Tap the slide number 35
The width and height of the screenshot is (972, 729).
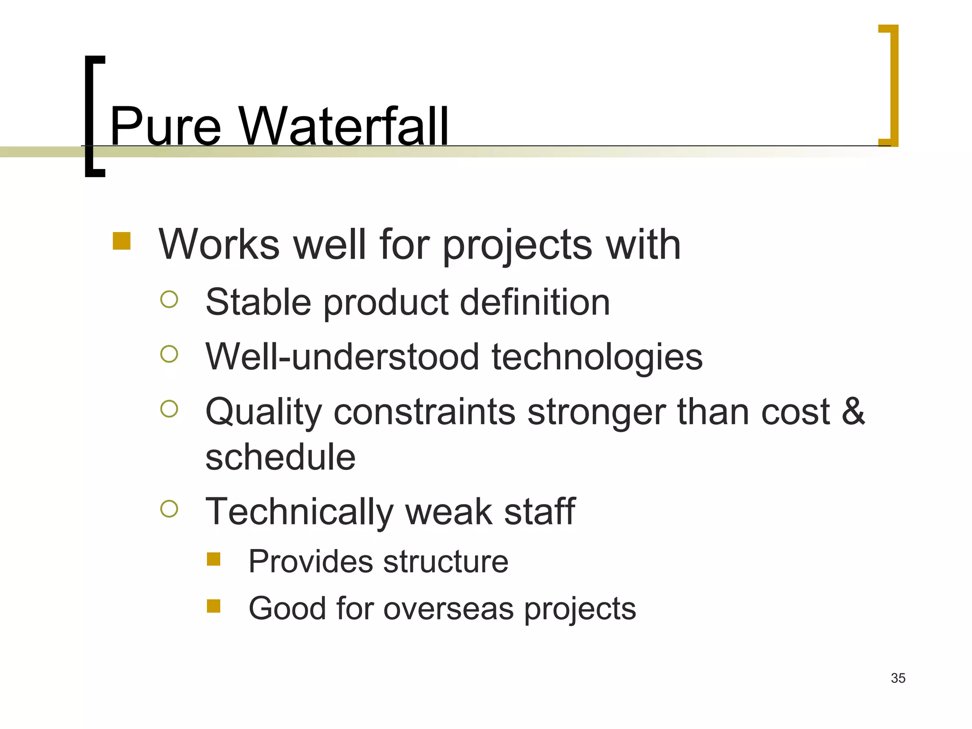pos(898,678)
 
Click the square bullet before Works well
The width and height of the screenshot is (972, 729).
pos(121,241)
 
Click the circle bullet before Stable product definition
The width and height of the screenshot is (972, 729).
pos(169,299)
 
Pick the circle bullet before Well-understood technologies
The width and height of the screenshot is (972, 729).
pos(169,354)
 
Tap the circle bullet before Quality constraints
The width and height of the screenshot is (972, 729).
pos(169,409)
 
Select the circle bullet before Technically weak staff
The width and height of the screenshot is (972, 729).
pos(169,509)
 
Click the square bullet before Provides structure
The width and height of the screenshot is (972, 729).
pos(214,559)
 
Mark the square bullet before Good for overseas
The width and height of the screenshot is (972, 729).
pos(214,606)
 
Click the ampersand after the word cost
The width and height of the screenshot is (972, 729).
pos(853,411)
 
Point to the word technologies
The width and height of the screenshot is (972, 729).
pos(597,357)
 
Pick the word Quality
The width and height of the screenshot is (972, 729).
pos(263,412)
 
